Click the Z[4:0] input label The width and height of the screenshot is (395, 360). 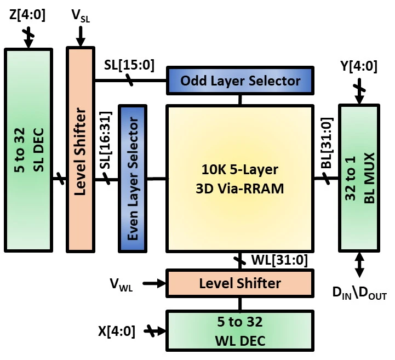click(27, 15)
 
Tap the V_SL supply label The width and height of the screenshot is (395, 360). click(81, 16)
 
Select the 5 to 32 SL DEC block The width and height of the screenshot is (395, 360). click(28, 150)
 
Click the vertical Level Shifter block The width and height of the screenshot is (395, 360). click(81, 150)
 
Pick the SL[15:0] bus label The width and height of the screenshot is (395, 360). click(129, 65)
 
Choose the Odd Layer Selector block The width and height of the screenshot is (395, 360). click(240, 81)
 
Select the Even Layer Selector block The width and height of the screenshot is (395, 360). click(133, 179)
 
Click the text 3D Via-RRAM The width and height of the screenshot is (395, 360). click(240, 188)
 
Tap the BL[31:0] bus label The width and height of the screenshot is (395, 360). click(327, 143)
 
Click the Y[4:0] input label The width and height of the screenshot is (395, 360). click(359, 66)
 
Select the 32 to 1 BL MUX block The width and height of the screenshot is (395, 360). click(359, 178)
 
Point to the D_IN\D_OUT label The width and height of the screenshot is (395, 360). click(359, 293)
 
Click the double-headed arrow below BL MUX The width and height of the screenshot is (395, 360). click(359, 265)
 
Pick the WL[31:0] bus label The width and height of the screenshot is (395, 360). click(279, 260)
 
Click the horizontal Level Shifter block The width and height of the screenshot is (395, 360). click(240, 283)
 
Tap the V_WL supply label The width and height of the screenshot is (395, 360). click(121, 284)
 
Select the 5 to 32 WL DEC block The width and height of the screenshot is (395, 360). click(240, 331)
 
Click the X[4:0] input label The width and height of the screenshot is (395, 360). click(117, 331)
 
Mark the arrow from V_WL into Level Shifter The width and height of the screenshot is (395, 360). click(154, 283)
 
